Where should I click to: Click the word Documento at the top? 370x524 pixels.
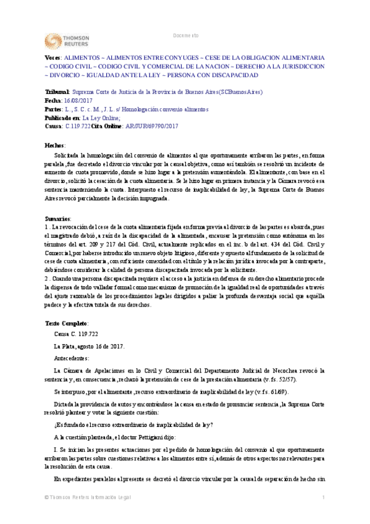[186, 36]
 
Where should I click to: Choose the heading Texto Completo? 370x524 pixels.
[67, 324]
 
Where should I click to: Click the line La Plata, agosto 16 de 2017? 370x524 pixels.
[90, 345]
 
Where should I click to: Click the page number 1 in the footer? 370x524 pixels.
[324, 515]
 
